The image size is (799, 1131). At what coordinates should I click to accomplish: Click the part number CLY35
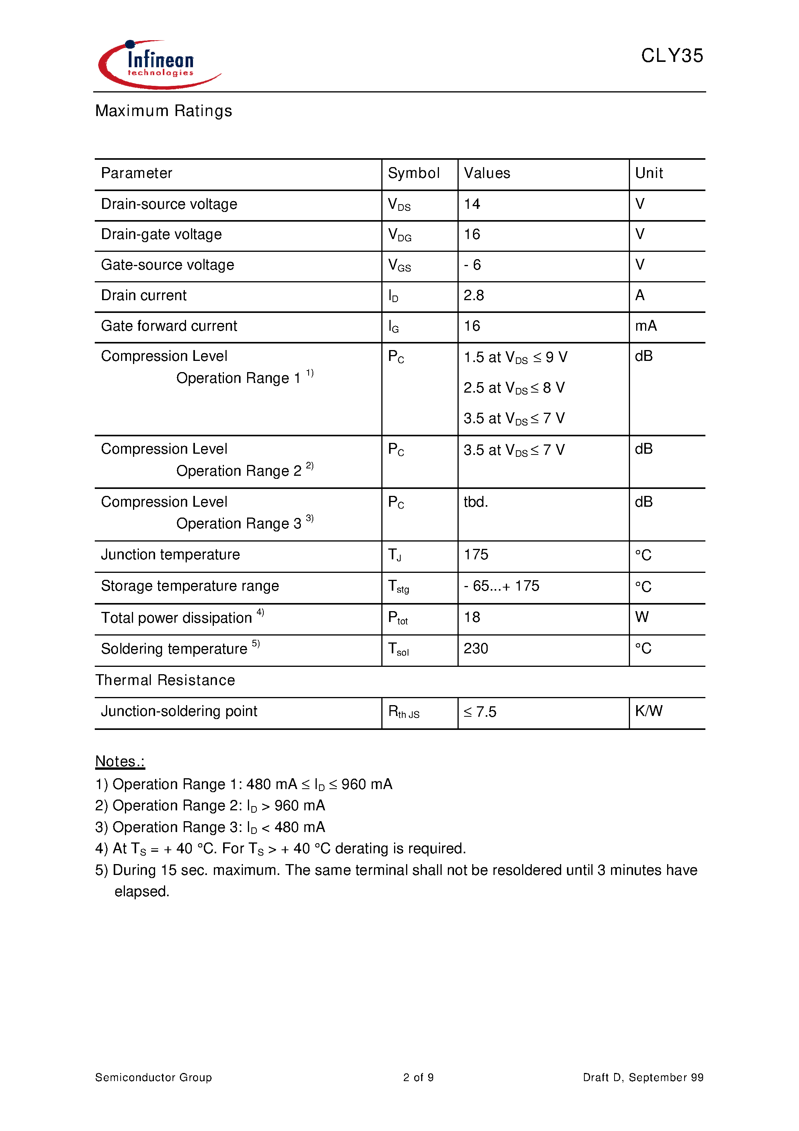click(671, 56)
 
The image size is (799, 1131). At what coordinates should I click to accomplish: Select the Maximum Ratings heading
click(163, 111)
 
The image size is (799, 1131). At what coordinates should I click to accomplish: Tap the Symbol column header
click(413, 173)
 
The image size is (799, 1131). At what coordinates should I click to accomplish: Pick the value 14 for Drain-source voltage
click(471, 204)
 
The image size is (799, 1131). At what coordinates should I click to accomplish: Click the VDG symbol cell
click(399, 235)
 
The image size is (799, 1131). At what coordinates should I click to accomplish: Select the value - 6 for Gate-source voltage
click(471, 265)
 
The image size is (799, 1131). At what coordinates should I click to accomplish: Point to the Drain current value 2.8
click(473, 296)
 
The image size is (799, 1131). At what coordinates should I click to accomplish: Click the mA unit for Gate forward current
click(645, 326)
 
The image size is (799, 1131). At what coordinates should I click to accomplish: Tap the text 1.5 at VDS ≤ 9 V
click(515, 357)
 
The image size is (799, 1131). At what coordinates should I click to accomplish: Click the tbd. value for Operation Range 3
click(475, 502)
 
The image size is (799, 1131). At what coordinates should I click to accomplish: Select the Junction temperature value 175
click(475, 555)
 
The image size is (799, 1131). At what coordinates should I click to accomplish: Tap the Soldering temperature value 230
click(475, 649)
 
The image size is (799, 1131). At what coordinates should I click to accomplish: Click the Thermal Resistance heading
click(165, 680)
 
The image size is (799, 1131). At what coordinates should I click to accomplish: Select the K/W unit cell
click(648, 711)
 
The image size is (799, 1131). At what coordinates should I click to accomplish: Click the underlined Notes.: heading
click(120, 762)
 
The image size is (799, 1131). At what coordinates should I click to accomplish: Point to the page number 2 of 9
click(418, 1078)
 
